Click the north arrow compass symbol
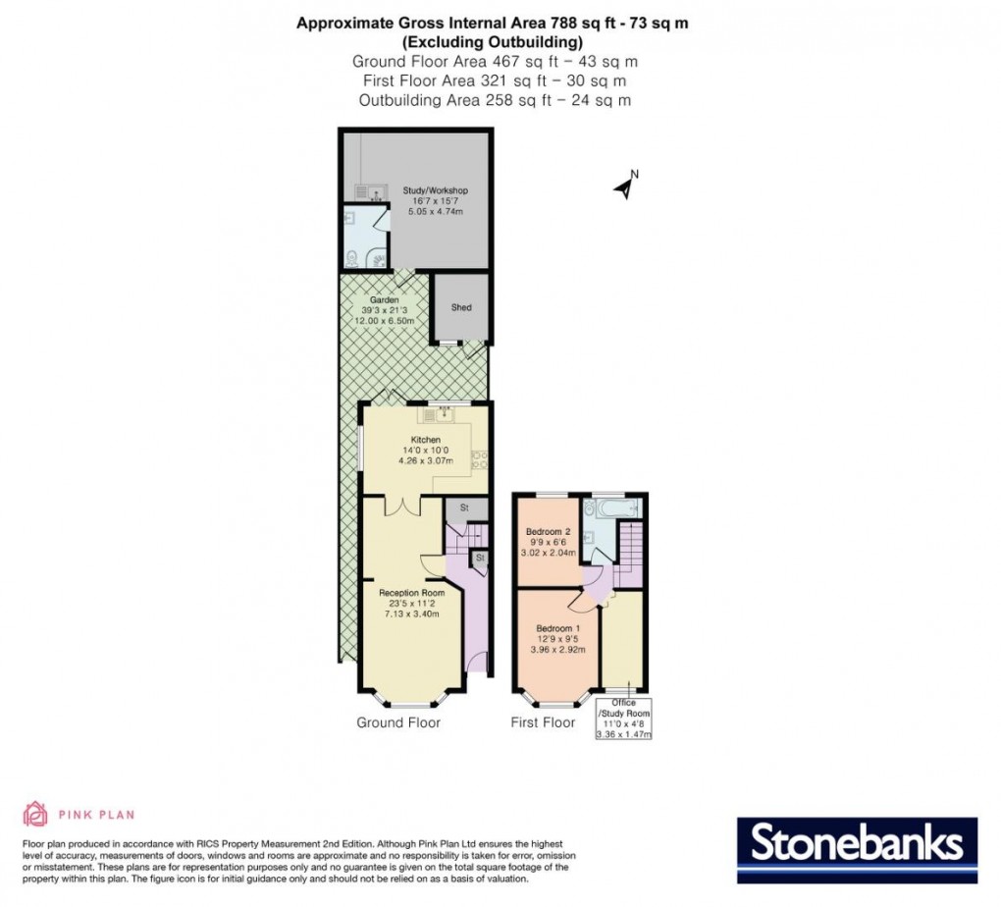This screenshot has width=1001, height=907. coord(623,187)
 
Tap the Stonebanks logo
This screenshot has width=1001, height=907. coord(856,843)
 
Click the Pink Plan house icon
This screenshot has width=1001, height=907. coord(34,813)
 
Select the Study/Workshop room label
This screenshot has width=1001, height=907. coord(435,190)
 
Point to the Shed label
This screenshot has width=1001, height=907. coord(461,307)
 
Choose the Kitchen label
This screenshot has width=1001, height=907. coord(425,440)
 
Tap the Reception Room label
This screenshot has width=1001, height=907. coord(412,593)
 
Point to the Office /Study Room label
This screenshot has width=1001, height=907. coord(623,709)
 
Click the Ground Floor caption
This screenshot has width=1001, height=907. coord(398,723)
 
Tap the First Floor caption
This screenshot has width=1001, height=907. coord(543,723)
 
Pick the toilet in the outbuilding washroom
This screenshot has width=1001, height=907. coord(352,258)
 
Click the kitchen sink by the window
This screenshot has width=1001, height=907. coord(443,413)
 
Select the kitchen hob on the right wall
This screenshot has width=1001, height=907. coord(480,460)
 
